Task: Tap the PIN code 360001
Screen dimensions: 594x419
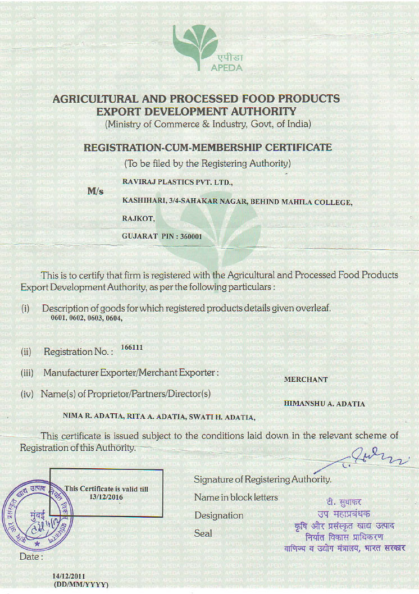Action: click(x=190, y=237)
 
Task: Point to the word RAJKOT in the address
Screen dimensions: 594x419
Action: click(x=134, y=218)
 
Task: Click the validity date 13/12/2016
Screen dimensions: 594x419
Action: click(x=106, y=497)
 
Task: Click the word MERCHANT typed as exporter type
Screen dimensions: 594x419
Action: click(x=306, y=380)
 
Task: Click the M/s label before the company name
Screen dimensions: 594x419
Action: click(x=95, y=191)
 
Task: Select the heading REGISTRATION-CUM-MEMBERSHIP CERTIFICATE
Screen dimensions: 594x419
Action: click(x=208, y=148)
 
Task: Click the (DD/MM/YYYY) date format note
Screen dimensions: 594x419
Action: click(x=80, y=584)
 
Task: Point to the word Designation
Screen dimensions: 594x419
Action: click(x=219, y=515)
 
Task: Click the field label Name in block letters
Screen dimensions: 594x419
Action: click(x=236, y=497)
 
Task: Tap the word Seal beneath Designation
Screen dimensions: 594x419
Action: click(x=203, y=533)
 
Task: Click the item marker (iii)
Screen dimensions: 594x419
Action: click(x=28, y=373)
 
